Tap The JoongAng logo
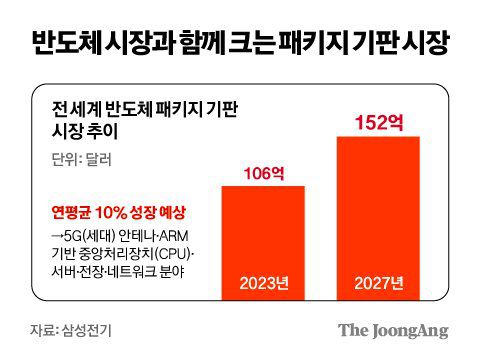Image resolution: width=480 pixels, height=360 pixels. coord(392,331)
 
